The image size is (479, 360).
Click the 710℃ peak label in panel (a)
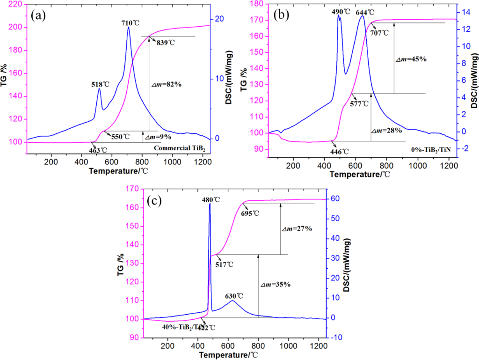(130, 22)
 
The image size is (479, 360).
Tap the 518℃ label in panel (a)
(101, 84)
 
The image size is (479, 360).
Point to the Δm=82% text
(166, 84)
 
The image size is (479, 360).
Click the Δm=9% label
(158, 137)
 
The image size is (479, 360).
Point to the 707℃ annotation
(379, 33)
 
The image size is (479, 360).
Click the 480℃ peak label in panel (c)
(211, 199)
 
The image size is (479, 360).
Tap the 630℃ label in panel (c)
(234, 296)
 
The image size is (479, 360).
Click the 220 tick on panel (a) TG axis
(17, 4)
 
